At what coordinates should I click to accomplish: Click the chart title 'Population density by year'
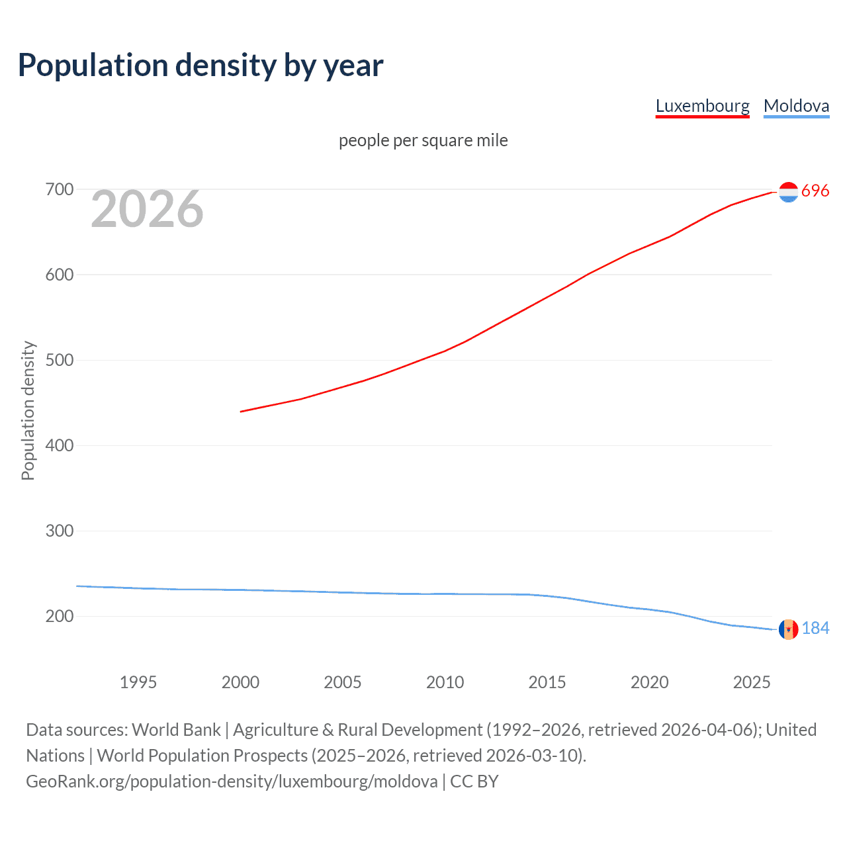[x=201, y=66]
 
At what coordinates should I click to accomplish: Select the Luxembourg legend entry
[x=702, y=106]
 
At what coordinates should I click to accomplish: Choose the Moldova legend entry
[x=796, y=106]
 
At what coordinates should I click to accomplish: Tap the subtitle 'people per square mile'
[x=423, y=140]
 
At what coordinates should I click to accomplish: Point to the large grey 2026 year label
[x=147, y=209]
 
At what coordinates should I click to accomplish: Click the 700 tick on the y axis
[x=59, y=189]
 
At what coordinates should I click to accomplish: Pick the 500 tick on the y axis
[x=59, y=360]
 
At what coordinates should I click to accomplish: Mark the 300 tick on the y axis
[x=59, y=531]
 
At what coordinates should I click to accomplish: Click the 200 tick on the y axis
[x=59, y=616]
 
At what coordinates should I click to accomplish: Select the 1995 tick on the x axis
[x=138, y=682]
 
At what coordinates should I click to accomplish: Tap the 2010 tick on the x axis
[x=445, y=682]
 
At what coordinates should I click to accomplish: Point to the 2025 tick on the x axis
[x=752, y=682]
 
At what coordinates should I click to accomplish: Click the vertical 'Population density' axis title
[x=28, y=410]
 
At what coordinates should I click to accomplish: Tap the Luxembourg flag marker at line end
[x=788, y=192]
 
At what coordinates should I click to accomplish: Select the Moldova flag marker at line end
[x=788, y=629]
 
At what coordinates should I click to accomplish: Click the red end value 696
[x=815, y=191]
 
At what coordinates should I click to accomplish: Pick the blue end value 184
[x=815, y=628]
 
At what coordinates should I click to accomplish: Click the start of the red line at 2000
[x=242, y=411]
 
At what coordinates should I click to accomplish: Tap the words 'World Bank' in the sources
[x=176, y=730]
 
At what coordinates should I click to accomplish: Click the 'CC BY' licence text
[x=474, y=781]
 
